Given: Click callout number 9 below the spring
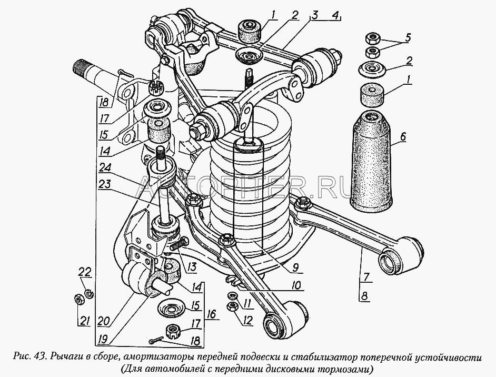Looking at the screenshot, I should pos(297,267).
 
